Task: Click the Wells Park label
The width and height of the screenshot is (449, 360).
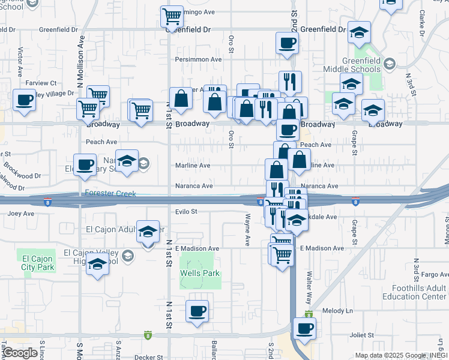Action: click(200, 274)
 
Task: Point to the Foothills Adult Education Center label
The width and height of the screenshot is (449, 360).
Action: click(421, 292)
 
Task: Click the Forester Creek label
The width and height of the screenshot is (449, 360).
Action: click(111, 193)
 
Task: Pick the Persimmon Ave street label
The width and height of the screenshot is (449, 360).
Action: click(198, 59)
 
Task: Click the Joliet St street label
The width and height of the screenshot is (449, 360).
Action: click(362, 335)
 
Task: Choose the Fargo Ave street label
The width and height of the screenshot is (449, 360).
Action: click(435, 274)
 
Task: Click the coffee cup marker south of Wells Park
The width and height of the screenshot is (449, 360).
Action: click(197, 310)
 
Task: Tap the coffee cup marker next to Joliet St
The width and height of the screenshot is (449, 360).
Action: click(304, 328)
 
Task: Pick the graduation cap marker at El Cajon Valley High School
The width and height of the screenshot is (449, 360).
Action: click(97, 263)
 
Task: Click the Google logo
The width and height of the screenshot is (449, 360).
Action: click(19, 352)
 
